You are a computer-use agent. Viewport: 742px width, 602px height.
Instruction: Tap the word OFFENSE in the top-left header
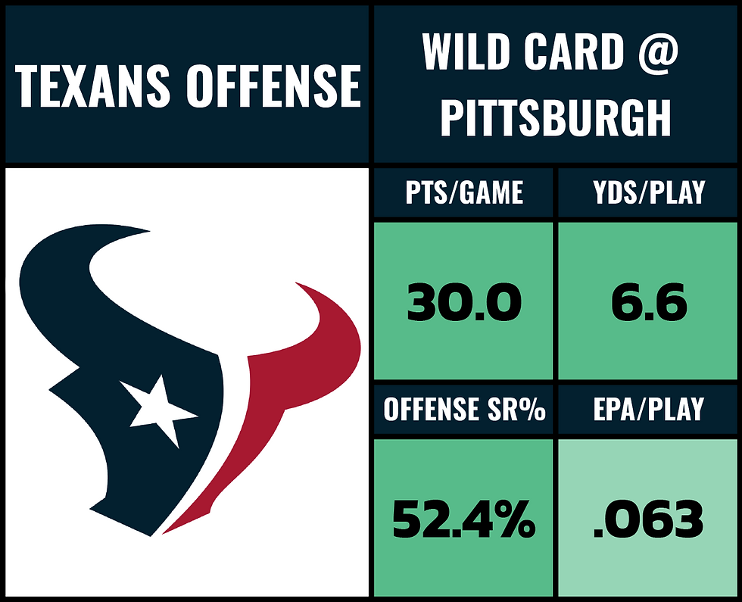coord(273,86)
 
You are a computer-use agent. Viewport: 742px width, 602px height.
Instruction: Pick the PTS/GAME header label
coord(463,192)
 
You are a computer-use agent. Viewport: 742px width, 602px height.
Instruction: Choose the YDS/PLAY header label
coord(649,192)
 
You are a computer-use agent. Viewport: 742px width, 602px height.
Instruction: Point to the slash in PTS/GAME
coord(458,192)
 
